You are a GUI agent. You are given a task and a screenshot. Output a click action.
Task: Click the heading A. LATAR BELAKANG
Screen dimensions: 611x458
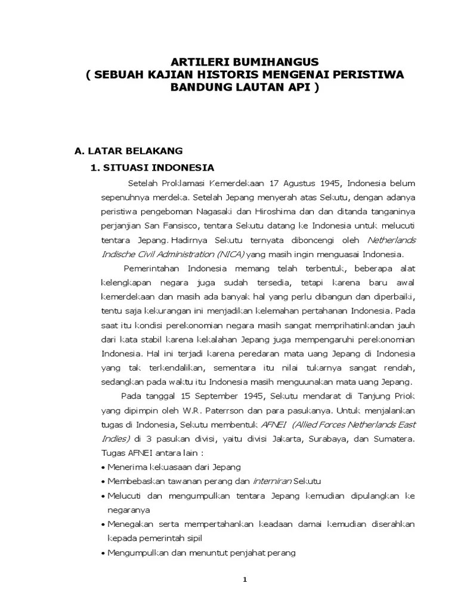point(129,150)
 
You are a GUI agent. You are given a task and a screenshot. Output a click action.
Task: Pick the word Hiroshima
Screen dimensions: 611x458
point(287,211)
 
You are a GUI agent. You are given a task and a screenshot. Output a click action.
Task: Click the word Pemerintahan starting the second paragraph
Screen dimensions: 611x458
point(153,269)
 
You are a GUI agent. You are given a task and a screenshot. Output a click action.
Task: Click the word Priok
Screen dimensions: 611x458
point(404,395)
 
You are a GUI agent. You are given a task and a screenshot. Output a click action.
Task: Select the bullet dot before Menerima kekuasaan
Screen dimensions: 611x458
point(104,467)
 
